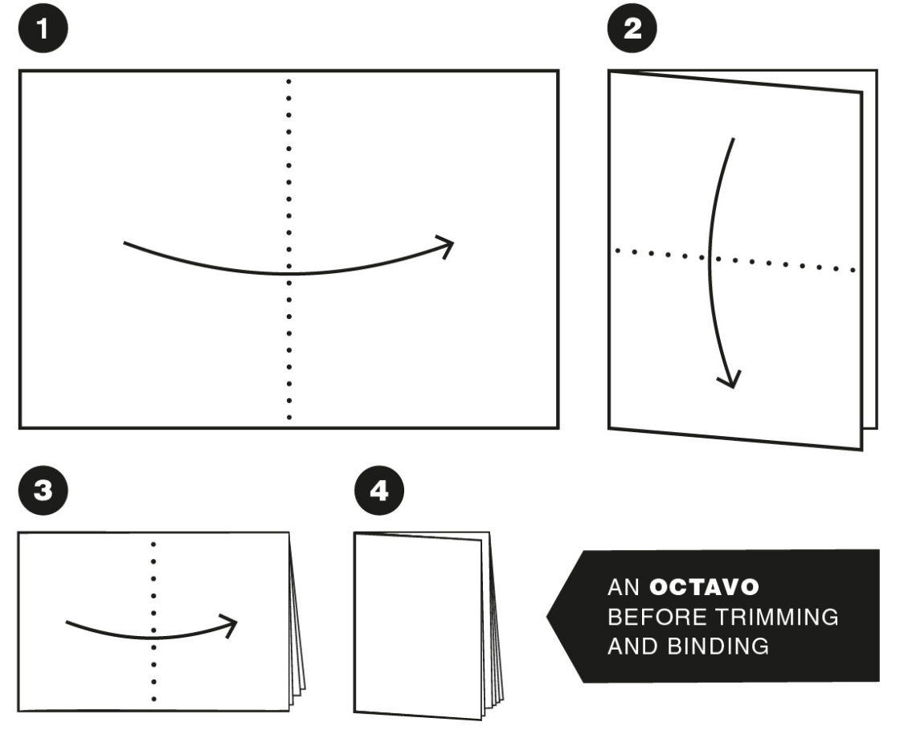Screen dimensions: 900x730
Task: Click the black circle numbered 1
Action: [x=43, y=28]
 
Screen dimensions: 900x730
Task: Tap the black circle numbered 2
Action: [x=632, y=28]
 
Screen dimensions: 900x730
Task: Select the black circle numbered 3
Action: [x=43, y=491]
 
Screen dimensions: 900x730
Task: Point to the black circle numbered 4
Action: [x=379, y=491]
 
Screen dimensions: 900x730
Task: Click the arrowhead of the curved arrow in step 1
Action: [x=447, y=246]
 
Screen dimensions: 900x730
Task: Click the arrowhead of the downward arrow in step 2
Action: [x=730, y=380]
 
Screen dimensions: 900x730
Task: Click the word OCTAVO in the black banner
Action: [x=704, y=586]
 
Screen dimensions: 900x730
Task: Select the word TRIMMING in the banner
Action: [x=776, y=617]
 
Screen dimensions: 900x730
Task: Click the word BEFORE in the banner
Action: [x=657, y=617]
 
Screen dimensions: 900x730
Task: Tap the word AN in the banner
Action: [x=624, y=586]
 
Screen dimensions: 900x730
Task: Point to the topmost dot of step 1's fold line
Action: [x=288, y=81]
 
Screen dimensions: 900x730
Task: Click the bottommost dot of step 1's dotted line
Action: [x=288, y=418]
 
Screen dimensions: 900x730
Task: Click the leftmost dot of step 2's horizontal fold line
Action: [x=618, y=251]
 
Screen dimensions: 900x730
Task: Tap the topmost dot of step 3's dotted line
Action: [x=153, y=544]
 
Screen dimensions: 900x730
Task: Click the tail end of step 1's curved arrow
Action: [x=124, y=243]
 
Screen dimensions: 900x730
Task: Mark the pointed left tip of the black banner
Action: [x=547, y=617]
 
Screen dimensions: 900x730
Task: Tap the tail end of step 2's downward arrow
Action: [x=734, y=138]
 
